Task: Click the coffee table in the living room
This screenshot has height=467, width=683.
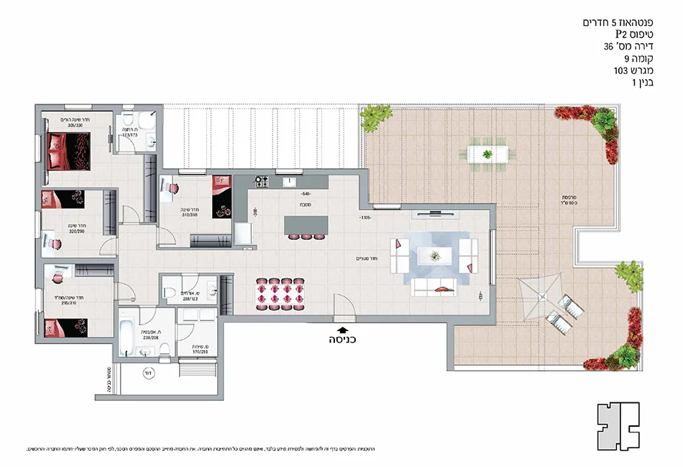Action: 434,255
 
